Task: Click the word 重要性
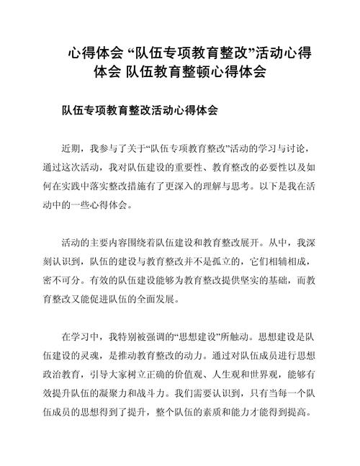191,167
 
